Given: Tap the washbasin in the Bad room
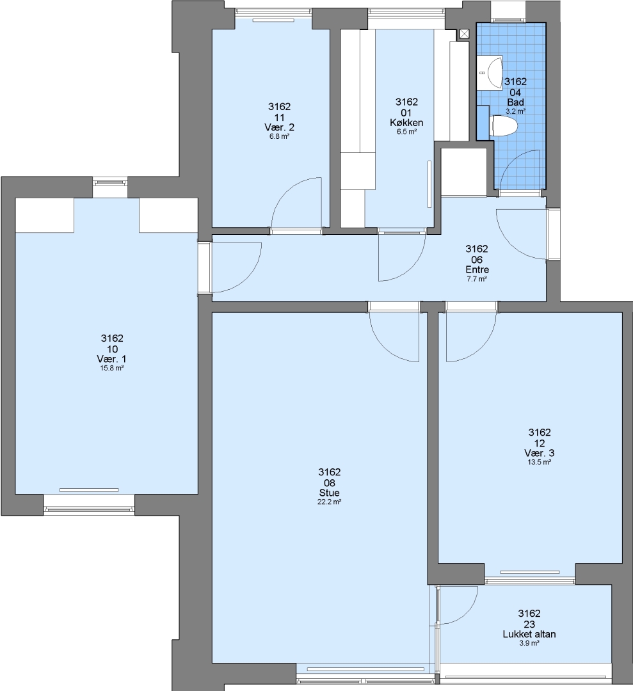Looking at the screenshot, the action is coord(491,73).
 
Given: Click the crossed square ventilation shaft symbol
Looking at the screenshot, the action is coord(464,35).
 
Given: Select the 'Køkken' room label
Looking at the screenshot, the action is coord(406,122).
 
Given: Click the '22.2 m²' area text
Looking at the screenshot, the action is coord(329,502).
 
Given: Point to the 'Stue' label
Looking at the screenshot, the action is coord(329,493).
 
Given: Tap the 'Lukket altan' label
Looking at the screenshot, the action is coord(529,634).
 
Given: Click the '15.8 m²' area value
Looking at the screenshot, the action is coord(111,368).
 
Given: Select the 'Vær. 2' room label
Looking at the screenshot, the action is coord(280,127).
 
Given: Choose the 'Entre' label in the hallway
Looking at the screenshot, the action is coord(477,269).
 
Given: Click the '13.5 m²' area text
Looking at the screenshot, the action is coord(540,463).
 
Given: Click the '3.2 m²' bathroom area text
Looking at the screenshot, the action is coord(515,111).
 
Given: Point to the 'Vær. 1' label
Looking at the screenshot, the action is coord(112,359).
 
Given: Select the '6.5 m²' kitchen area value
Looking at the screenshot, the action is coord(406,132).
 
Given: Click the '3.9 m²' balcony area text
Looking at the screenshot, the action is coord(529,644).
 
